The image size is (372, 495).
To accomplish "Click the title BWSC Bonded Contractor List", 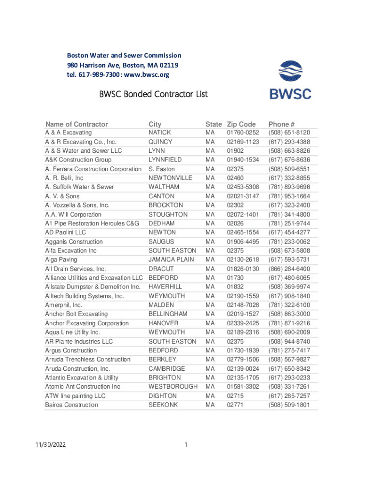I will [153, 94].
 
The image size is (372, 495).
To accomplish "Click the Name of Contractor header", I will [76, 124].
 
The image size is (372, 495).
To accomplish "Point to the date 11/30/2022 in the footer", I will [50, 445].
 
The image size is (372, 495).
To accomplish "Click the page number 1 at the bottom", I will [186, 445].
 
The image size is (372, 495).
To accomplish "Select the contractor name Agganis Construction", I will [74, 242].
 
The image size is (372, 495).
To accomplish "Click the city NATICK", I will [159, 132].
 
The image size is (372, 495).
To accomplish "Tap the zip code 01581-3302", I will [243, 387].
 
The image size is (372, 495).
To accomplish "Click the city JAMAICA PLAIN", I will [171, 260].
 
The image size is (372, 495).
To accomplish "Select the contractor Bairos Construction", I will [72, 405].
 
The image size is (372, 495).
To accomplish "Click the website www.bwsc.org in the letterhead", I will [148, 75].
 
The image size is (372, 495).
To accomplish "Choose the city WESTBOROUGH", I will [173, 387].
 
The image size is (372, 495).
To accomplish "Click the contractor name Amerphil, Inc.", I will [63, 305].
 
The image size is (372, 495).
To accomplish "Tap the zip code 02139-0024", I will [243, 368].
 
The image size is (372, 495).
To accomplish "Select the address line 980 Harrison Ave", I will [123, 65].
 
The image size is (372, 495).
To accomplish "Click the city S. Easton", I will [161, 169].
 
